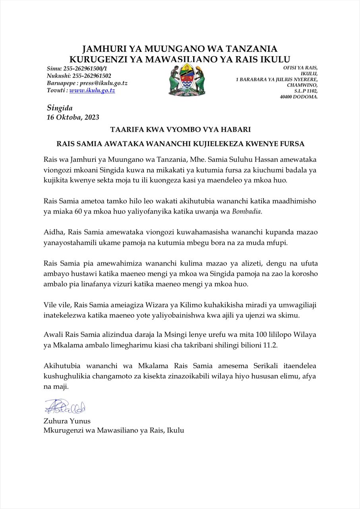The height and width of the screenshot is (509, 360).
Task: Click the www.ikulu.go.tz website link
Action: coord(92,91)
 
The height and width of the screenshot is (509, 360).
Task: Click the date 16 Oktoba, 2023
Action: coord(73,117)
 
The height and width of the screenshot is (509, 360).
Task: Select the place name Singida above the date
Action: coord(60,108)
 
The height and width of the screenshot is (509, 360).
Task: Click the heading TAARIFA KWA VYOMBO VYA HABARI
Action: coord(180,130)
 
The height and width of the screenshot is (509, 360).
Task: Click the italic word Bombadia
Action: coord(247,212)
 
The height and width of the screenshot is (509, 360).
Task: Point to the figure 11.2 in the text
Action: coord(270,345)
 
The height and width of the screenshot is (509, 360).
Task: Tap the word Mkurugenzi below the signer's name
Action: coord(63,430)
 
